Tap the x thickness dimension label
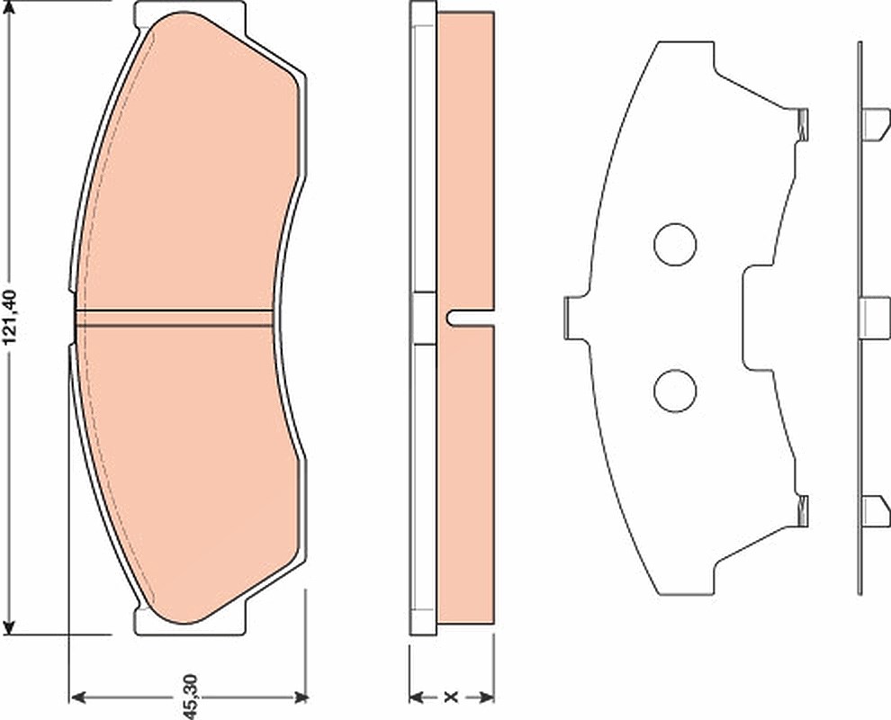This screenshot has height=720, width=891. pyautogui.click(x=451, y=697)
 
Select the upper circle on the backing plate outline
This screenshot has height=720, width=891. pyautogui.click(x=675, y=245)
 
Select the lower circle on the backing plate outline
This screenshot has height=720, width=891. pyautogui.click(x=675, y=391)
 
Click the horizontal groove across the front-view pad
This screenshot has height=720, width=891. pyautogui.click(x=175, y=319)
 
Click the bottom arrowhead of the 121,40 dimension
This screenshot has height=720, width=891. pyautogui.click(x=9, y=627)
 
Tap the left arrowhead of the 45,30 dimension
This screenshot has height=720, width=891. pyautogui.click(x=76, y=697)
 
